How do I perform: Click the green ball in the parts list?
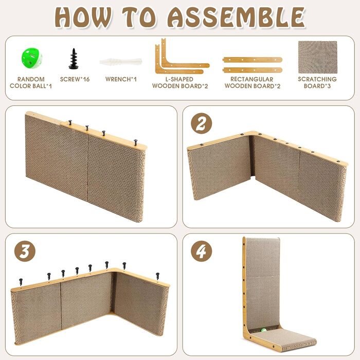(x=32, y=58)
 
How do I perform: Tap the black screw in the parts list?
(x=74, y=59)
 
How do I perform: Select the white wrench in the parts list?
(x=121, y=62)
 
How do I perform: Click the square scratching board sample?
(x=317, y=57)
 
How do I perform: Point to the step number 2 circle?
(x=201, y=123)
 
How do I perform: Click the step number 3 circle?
(x=25, y=251)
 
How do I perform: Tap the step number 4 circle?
(x=202, y=251)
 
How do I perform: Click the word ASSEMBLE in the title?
(x=236, y=17)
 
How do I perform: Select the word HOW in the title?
(x=83, y=17)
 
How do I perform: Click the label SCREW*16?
(x=75, y=79)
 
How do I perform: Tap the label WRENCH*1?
(x=121, y=79)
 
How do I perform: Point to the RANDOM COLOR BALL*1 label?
(x=31, y=83)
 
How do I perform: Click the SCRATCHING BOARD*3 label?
(x=317, y=82)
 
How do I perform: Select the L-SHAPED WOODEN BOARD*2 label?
(x=180, y=83)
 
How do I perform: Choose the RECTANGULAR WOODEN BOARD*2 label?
(x=253, y=83)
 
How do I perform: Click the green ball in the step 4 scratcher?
(x=263, y=330)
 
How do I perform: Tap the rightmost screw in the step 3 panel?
(x=157, y=276)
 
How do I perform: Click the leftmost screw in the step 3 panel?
(x=21, y=282)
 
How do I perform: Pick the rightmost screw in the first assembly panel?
(x=135, y=142)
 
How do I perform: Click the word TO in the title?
(x=139, y=17)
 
